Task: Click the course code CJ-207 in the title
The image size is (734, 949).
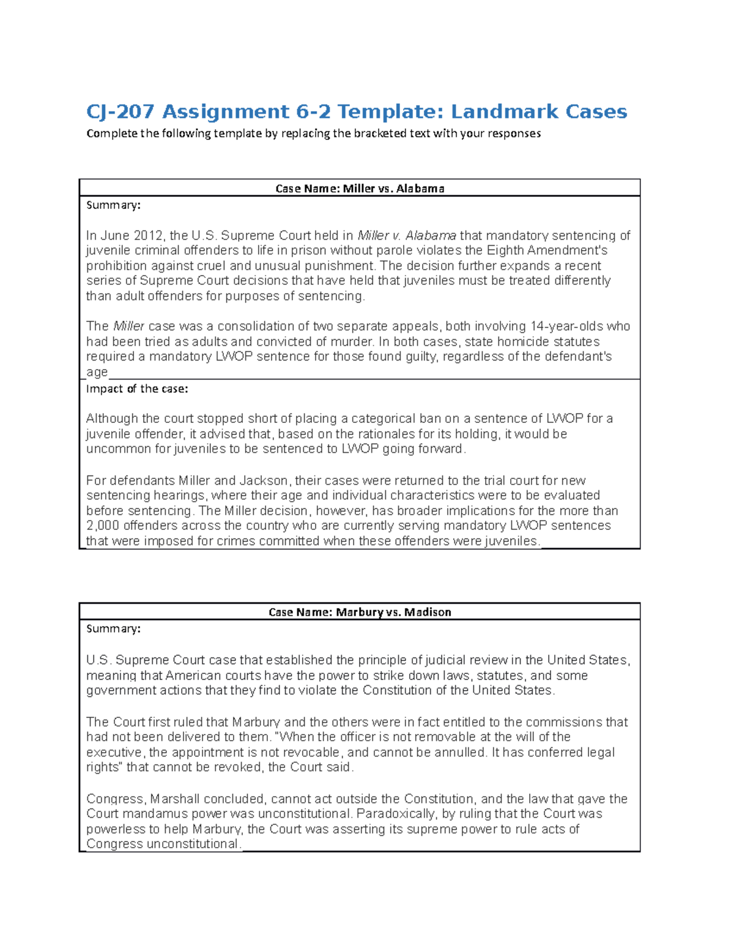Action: pos(120,112)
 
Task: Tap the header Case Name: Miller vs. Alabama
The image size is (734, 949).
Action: pos(360,188)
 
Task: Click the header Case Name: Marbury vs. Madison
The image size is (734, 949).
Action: pos(360,612)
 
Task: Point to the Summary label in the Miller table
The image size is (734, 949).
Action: pos(113,205)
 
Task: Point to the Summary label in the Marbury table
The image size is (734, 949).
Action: pos(113,629)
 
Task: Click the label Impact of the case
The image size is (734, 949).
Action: pos(137,389)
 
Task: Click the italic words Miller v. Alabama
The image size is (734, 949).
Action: pos(407,236)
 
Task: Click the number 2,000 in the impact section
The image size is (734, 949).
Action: pos(103,526)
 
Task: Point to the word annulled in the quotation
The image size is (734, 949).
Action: pos(460,752)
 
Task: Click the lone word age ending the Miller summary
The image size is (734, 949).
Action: pos(97,372)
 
